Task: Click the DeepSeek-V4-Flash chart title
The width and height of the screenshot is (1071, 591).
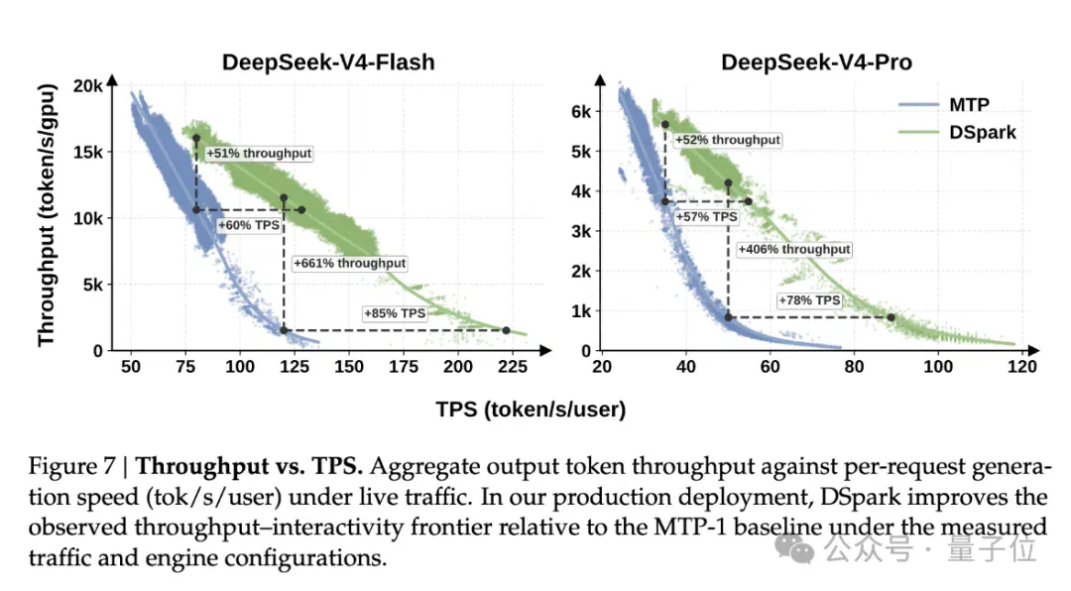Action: point(328,62)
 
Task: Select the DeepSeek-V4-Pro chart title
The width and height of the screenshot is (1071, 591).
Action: point(816,62)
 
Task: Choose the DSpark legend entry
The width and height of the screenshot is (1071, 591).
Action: point(957,132)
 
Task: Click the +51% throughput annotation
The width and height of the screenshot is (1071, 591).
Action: point(259,153)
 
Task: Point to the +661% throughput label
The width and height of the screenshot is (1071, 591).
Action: point(350,263)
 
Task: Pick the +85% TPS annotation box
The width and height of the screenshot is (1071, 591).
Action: point(395,313)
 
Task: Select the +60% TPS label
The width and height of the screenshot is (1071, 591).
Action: point(249,225)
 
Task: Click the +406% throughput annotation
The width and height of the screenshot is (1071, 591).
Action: point(794,249)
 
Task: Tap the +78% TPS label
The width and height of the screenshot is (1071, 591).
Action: point(809,299)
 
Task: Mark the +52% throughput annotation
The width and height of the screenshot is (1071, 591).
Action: point(728,140)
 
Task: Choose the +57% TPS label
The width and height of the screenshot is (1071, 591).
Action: point(706,216)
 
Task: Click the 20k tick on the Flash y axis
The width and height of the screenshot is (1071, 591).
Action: point(88,86)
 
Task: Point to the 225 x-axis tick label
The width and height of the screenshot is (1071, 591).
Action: point(513,367)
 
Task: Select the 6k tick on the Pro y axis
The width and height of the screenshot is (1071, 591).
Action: point(581,111)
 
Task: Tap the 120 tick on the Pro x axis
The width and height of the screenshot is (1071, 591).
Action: point(1021,367)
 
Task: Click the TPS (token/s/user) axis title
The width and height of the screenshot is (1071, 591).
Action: point(531,410)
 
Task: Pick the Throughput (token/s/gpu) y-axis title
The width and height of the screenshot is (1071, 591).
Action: point(47,215)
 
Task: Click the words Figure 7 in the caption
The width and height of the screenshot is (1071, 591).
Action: point(71,467)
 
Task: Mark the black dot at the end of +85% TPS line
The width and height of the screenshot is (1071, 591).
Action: point(506,330)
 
